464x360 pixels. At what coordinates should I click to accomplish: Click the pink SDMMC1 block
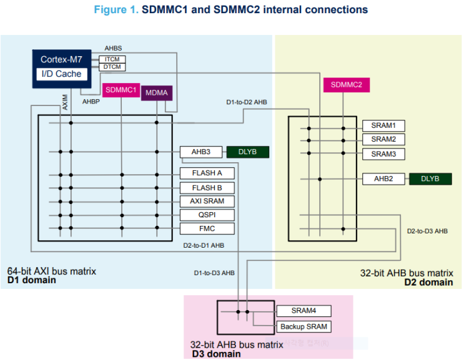pos(121,90)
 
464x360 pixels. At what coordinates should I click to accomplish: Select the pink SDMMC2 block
pos(346,85)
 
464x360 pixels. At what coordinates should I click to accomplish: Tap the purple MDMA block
pos(156,93)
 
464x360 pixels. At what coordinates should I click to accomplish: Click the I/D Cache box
pos(61,74)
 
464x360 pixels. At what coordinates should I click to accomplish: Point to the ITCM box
pos(112,59)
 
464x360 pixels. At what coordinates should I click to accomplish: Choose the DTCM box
pos(112,67)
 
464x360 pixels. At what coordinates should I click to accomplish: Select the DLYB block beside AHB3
pos(247,152)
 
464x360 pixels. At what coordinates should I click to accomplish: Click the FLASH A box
pos(207,173)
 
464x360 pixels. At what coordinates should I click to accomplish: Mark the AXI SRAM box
pos(207,201)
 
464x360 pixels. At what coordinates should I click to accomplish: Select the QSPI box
pos(207,215)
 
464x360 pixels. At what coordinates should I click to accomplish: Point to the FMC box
pos(207,228)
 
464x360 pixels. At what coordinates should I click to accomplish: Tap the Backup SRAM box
pos(303,327)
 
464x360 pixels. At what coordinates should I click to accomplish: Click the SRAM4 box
pos(303,311)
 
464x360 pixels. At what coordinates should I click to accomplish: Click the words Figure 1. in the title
pos(115,9)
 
